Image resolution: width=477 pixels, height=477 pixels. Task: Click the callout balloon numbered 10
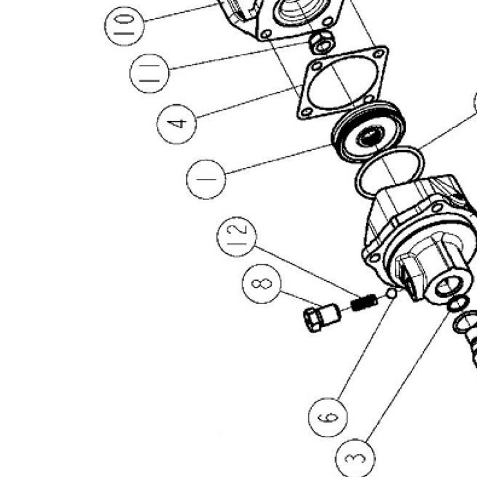pos(124,26)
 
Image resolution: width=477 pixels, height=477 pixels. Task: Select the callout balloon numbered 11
pos(149,74)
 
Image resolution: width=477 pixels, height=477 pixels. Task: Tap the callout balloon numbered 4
pos(177,124)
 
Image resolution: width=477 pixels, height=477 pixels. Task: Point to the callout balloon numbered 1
pos(206,179)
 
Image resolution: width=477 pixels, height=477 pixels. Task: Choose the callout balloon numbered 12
pos(237,237)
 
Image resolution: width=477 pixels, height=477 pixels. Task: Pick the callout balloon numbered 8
pos(262,284)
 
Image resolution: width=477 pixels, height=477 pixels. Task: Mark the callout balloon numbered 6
pos(328,417)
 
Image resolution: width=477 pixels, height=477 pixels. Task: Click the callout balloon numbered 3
pos(355,458)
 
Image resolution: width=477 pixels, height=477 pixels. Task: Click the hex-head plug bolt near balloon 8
pos(322,318)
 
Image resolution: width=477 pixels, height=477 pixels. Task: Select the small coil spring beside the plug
pos(364,302)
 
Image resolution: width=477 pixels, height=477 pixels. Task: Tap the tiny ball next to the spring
pos(391,293)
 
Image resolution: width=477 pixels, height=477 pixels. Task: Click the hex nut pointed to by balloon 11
pos(322,42)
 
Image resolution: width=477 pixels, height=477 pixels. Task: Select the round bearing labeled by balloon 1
pos(368,131)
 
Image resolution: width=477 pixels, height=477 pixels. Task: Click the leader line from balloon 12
pos(307,272)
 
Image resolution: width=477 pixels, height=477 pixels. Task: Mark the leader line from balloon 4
pos(250,101)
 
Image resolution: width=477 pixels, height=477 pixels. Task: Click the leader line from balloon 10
pos(181,12)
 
